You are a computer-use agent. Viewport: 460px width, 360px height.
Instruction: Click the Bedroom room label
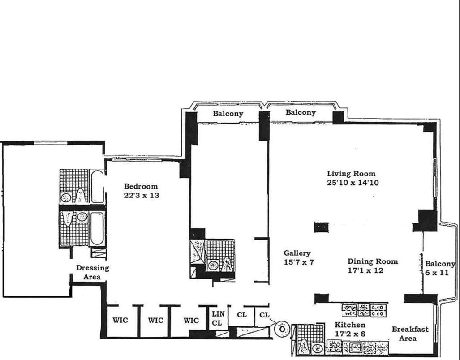141,186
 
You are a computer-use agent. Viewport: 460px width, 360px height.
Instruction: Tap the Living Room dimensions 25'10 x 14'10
353,183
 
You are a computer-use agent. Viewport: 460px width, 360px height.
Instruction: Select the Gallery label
297,253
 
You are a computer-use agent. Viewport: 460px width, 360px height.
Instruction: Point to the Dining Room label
373,261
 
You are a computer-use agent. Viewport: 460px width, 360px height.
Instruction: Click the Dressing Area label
92,272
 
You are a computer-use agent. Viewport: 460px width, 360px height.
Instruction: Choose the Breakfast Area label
410,334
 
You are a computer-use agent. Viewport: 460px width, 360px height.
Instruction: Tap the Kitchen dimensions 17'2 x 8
350,334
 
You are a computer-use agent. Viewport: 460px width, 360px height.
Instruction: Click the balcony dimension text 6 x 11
437,273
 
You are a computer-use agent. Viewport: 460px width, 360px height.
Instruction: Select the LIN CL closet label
218,318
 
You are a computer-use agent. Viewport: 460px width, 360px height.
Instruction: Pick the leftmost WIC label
120,320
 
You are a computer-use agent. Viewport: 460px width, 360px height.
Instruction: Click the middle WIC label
155,321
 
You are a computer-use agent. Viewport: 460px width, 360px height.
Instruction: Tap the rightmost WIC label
191,321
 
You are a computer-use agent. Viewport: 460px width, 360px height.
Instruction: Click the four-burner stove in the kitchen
378,311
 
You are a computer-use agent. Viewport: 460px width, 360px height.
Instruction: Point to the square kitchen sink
357,348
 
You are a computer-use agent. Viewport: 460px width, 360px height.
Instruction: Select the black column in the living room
322,227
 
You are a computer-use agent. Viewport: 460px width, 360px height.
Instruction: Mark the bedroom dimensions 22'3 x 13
142,195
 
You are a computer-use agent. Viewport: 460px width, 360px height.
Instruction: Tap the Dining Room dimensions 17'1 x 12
365,270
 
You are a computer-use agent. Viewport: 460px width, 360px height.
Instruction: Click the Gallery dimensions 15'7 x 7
299,262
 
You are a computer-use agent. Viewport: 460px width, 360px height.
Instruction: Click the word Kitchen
350,325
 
